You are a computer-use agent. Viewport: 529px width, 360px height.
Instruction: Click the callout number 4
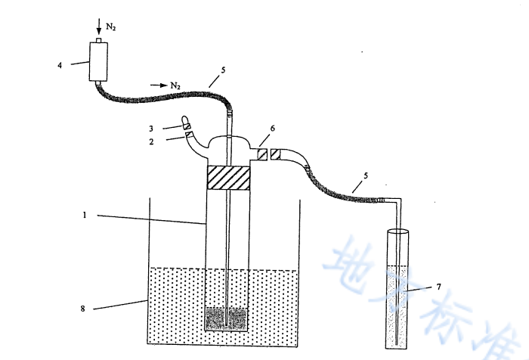click(60, 65)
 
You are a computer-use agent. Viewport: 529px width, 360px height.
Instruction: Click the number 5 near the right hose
click(366, 175)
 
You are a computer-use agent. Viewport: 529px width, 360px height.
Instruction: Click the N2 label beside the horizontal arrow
click(175, 85)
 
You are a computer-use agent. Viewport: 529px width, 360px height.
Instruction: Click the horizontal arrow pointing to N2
click(158, 85)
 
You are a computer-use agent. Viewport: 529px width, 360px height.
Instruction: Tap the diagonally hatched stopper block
click(228, 178)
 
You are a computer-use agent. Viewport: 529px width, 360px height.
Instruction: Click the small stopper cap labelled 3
click(186, 121)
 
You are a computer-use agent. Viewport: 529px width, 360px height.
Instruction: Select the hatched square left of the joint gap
click(261, 154)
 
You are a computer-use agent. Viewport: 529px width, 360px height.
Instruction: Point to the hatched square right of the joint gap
click(276, 154)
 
